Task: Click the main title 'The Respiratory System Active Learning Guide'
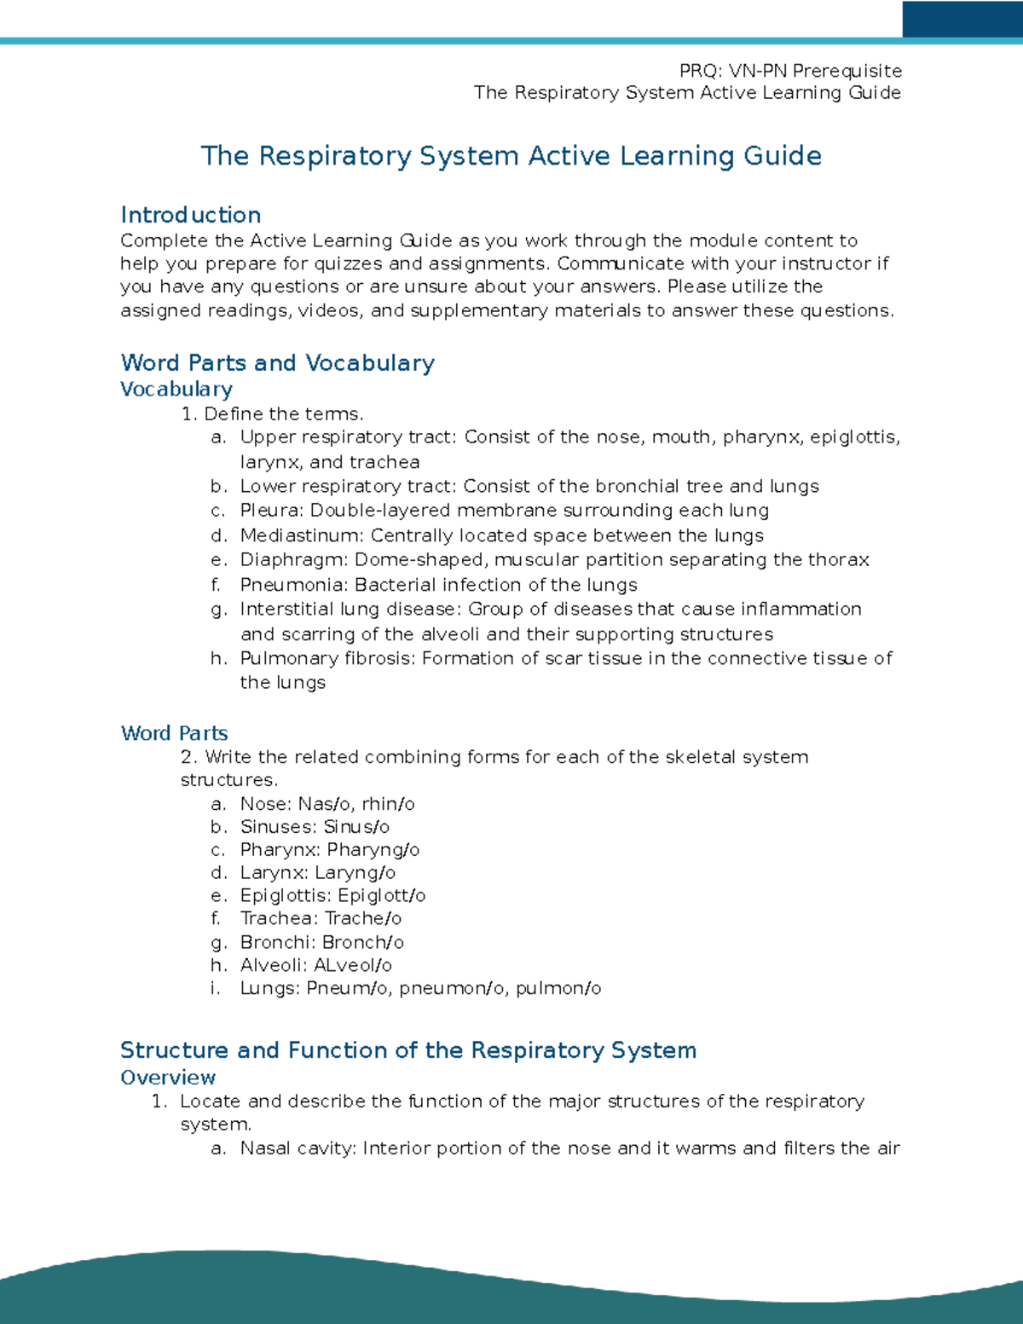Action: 511,156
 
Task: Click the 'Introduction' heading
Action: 190,215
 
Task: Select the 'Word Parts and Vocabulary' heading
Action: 277,362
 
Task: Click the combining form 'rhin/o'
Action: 388,804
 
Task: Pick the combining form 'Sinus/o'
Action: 356,827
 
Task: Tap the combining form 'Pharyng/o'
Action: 373,850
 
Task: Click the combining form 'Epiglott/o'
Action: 381,896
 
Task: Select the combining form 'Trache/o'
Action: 362,919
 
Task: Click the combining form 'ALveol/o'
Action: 353,965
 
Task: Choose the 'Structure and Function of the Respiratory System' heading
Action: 408,1050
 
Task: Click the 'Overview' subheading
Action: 168,1078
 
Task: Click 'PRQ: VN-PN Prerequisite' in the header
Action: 790,71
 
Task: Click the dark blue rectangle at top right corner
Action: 962,19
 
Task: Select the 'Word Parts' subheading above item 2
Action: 174,733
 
